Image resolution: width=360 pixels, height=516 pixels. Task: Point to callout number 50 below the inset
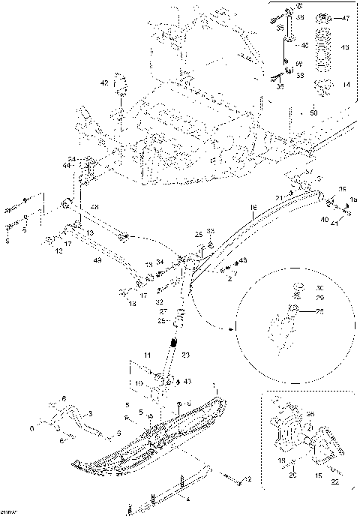pyautogui.click(x=313, y=112)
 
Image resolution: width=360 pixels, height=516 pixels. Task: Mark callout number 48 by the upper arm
pyautogui.click(x=94, y=206)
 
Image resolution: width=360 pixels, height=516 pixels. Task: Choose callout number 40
pyautogui.click(x=325, y=220)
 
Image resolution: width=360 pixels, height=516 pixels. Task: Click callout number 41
pyautogui.click(x=335, y=223)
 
